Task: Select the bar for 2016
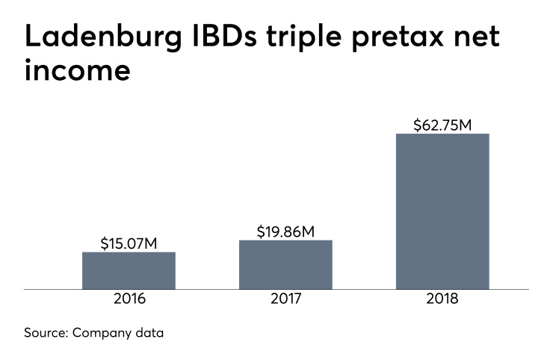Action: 129,270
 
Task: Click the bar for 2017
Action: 285,264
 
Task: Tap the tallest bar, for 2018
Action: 442,211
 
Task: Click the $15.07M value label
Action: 129,243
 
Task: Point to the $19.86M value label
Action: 285,232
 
